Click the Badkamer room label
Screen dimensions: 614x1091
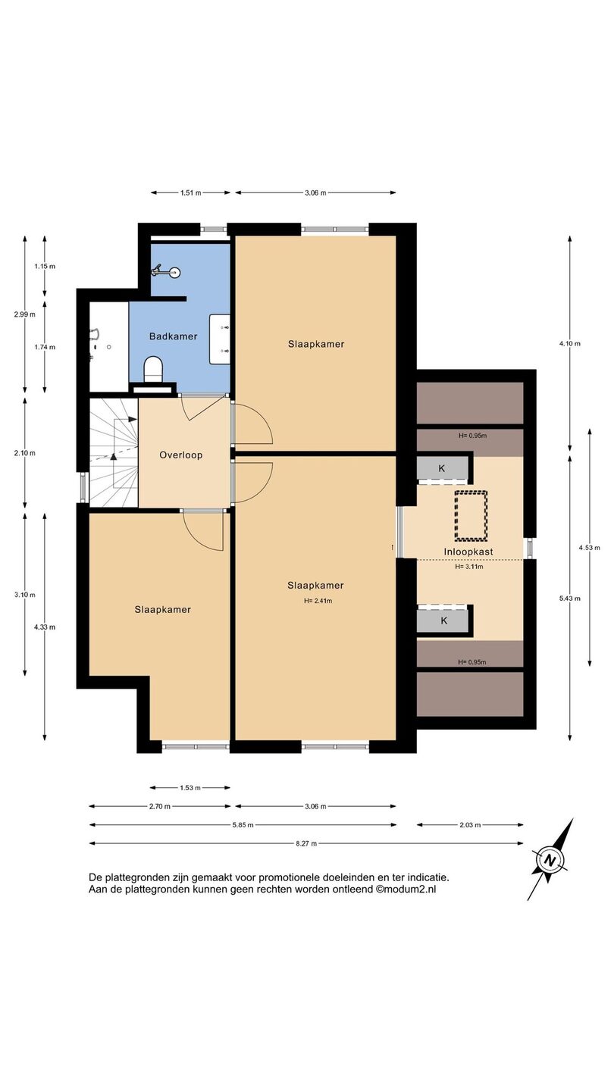(173, 336)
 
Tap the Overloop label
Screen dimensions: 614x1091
(180, 455)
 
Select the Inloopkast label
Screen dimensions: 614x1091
(468, 552)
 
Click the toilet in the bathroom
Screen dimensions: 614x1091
(153, 368)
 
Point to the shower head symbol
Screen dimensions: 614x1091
(166, 271)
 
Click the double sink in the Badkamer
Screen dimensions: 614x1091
(219, 339)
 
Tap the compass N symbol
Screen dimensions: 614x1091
(550, 860)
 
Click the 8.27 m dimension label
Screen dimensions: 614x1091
(306, 843)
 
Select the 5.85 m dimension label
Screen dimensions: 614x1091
(243, 824)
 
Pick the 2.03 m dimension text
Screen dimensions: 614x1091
(470, 824)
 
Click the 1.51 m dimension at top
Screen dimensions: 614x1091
(190, 192)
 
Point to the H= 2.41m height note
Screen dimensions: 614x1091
(318, 601)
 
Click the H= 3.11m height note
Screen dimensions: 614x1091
(469, 567)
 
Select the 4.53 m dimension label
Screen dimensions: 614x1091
(590, 548)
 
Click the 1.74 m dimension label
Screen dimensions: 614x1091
(44, 347)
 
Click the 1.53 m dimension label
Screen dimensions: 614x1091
(190, 788)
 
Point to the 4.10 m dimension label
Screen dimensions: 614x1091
(570, 343)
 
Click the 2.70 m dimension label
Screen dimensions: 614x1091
(160, 806)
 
